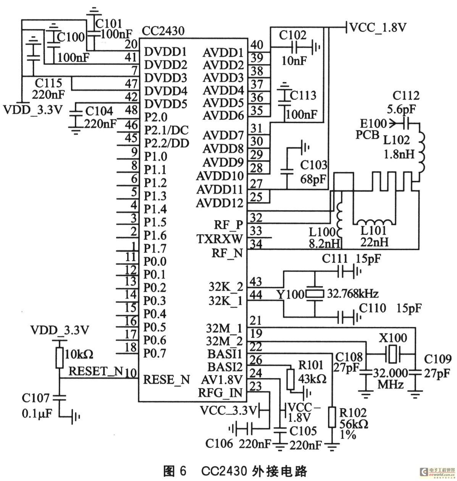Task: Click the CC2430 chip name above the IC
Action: pos(163,31)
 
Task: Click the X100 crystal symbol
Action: pos(392,354)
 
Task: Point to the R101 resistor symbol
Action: pos(291,379)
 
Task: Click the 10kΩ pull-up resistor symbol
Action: pos(59,357)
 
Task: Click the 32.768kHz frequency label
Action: pos(353,293)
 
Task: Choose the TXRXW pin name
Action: pos(220,239)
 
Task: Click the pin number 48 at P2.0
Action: pos(131,110)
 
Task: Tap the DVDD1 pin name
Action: pos(165,51)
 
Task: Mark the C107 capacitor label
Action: pos(36,398)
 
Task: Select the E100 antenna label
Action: pos(373,124)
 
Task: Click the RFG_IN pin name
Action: pos(220,393)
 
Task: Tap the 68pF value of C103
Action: pos(313,179)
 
